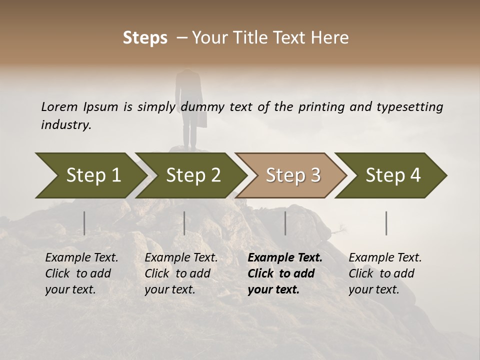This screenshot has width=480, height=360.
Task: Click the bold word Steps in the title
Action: point(145,38)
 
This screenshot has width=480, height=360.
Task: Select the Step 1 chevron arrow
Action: point(90,175)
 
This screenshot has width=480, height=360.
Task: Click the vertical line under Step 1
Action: point(84,223)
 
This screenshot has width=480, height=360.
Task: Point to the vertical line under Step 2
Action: point(184,223)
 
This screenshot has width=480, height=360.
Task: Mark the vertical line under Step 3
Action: point(285,223)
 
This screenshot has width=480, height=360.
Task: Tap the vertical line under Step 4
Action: point(386,223)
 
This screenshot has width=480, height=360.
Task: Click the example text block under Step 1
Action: point(81,273)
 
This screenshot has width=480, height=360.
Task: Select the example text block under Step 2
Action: point(181,273)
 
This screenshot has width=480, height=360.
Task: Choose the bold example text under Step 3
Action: point(284,273)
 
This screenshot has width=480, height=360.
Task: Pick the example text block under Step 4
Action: point(385,273)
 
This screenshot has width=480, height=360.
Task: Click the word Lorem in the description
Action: point(59,107)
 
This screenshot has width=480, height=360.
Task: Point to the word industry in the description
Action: point(65,125)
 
